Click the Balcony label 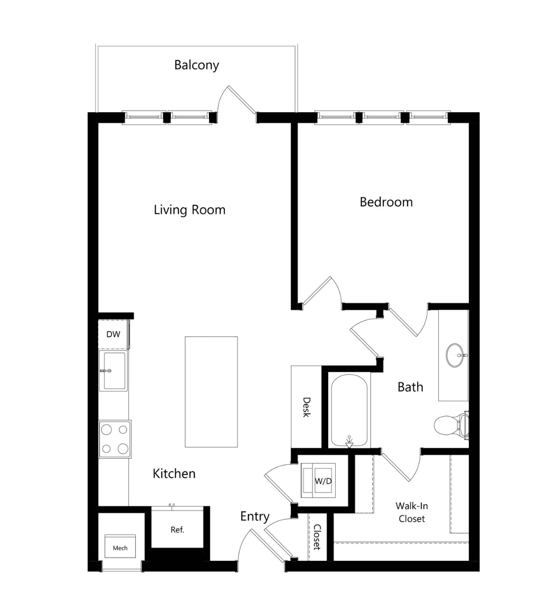pos(196,65)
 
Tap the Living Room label pos(189,210)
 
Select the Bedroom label pos(386,202)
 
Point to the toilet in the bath pos(451,425)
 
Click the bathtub pos(349,411)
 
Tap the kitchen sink pos(114,370)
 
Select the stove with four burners pos(115,439)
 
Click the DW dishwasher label pos(113,334)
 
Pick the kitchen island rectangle pos(211,392)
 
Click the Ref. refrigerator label pos(177,530)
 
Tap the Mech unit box pos(120,546)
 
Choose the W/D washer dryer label pos(323,481)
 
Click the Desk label pos(307,407)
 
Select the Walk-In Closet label pos(412,512)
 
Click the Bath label pos(410,387)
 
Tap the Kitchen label pos(174,474)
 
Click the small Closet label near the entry pos(317,537)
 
